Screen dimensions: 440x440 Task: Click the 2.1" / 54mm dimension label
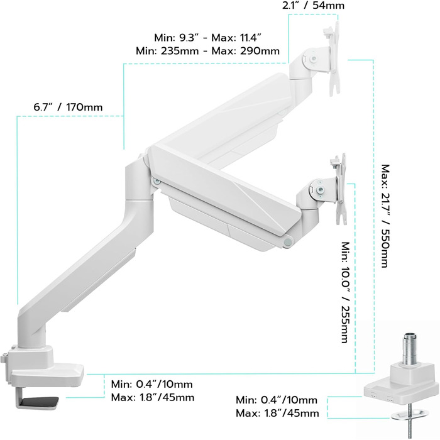(313, 5)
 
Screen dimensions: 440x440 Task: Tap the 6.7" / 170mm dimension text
(68, 107)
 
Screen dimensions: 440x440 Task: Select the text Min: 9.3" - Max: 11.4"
(207, 38)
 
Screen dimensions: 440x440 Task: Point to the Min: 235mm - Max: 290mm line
(207, 51)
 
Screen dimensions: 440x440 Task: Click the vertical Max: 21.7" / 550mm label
(385, 216)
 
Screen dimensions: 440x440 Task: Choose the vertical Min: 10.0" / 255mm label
(346, 292)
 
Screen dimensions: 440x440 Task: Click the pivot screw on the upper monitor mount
(314, 59)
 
